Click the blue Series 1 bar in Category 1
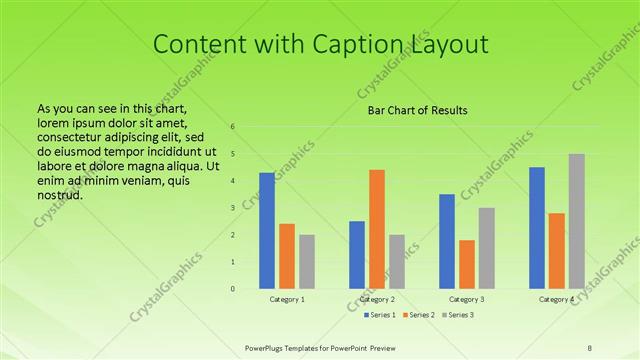pos(267,231)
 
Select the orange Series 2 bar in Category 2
pos(377,229)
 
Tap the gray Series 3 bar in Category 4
pos(577,221)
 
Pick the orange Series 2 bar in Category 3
pos(467,264)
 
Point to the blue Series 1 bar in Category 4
pos(537,228)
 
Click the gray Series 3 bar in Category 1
pos(307,262)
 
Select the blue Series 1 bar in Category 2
pos(357,255)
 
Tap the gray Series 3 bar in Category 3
pos(487,248)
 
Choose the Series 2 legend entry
pos(416,316)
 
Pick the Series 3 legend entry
pos(456,316)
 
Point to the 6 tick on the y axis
pos(232,127)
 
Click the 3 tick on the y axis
pos(232,208)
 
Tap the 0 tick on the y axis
pos(232,289)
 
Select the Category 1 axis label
pos(287,299)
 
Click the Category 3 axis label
pos(467,299)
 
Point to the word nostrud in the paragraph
pos(59,194)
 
